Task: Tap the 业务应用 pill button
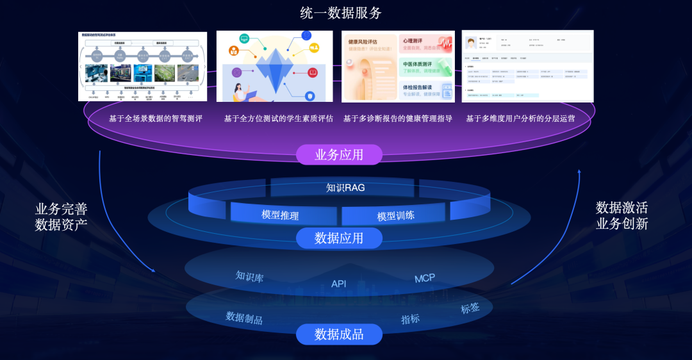pos(339,154)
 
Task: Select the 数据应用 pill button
pos(339,238)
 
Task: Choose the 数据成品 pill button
pos(339,334)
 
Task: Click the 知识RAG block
pos(345,188)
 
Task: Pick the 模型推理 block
pos(280,215)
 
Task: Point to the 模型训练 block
pos(395,216)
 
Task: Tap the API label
pos(338,284)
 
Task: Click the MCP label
pos(424,278)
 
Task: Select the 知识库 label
pos(249,277)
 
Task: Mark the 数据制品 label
pos(244,318)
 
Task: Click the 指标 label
pos(410,319)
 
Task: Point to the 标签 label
pos(470,308)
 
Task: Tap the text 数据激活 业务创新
pos(622,215)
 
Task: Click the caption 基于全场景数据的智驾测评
pos(156,119)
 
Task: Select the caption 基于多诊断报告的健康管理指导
pos(398,119)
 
